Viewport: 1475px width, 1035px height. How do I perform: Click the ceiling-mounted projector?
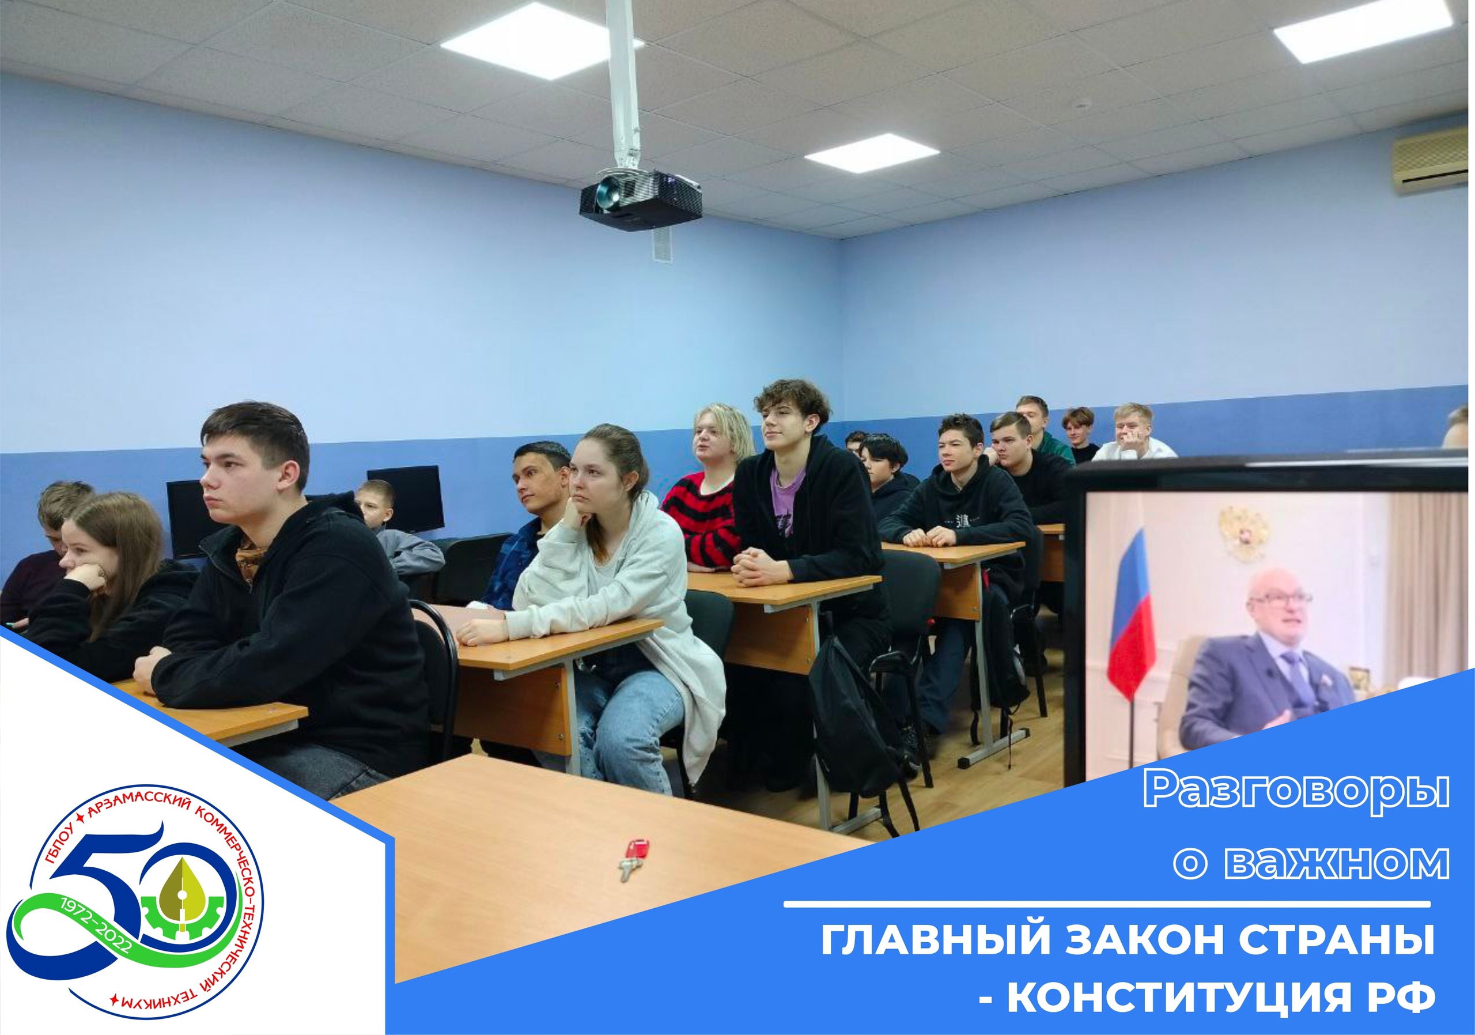point(640,199)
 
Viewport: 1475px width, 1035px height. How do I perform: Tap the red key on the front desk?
point(633,859)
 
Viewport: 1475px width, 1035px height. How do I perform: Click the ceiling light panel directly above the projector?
point(542,41)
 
